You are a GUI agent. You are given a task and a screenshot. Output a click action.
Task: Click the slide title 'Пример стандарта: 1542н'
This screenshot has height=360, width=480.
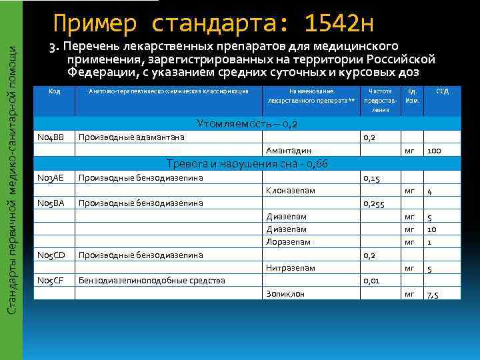click(213, 25)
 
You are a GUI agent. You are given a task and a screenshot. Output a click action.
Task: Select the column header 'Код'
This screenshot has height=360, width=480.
click(55, 91)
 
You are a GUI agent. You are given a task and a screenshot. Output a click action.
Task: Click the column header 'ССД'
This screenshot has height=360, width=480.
click(442, 91)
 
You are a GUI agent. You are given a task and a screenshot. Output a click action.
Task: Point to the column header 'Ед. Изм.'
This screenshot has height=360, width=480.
click(412, 96)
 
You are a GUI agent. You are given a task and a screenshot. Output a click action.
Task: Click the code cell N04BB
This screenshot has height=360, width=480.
click(51, 137)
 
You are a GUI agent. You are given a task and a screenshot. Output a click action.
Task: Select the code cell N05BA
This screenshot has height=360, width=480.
click(51, 203)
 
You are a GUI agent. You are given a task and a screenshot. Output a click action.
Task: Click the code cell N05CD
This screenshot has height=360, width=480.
click(51, 255)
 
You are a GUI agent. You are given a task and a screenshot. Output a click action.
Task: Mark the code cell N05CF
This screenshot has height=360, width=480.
click(51, 281)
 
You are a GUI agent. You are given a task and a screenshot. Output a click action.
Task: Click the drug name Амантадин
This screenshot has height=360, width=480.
click(289, 151)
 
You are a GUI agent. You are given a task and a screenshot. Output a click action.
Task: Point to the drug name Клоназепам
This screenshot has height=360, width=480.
click(291, 191)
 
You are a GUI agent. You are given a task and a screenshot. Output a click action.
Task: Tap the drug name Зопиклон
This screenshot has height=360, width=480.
click(285, 293)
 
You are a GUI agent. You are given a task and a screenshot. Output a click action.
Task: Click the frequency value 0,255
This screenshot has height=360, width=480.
click(374, 204)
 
